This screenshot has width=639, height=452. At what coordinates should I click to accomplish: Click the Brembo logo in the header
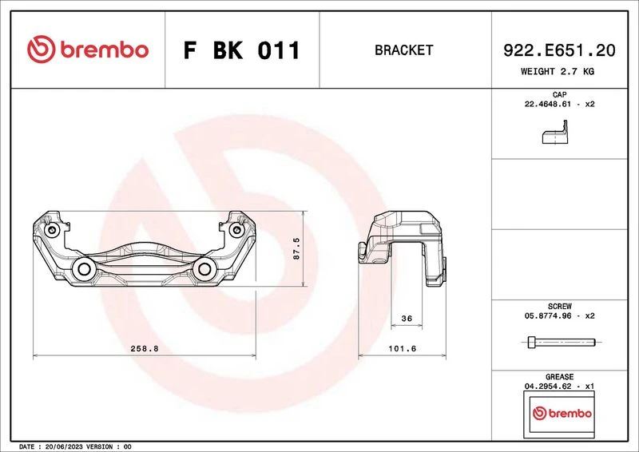click(x=88, y=50)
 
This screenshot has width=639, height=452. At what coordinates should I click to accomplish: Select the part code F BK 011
click(x=242, y=50)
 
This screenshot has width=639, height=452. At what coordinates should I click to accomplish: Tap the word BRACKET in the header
click(x=403, y=50)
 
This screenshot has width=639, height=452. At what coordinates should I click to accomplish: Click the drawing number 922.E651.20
click(x=559, y=50)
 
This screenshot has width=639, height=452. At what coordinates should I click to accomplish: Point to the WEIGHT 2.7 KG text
click(x=558, y=71)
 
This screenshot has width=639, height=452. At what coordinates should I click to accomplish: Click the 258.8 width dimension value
click(x=145, y=348)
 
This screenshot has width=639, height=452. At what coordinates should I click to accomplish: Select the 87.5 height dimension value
click(x=296, y=248)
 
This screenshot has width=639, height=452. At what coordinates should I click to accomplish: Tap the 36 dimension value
click(x=407, y=319)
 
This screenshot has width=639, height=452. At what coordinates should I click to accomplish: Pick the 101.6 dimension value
click(x=403, y=348)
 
